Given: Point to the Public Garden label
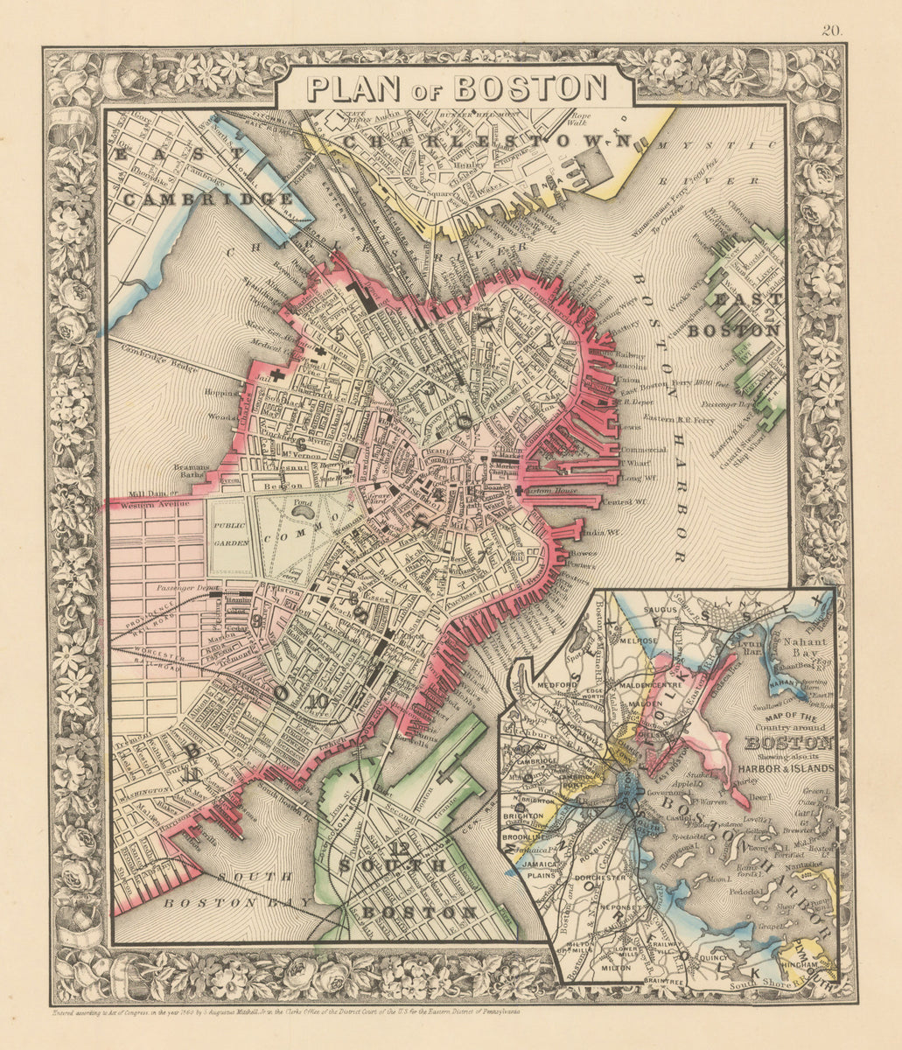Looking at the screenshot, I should pyautogui.click(x=231, y=535).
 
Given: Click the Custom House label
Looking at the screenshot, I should pyautogui.click(x=546, y=492).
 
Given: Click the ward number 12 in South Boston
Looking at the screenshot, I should pyautogui.click(x=400, y=847).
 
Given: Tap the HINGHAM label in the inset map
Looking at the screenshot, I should pyautogui.click(x=806, y=963).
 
